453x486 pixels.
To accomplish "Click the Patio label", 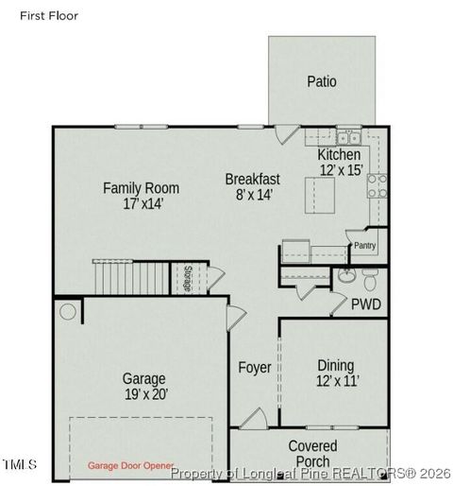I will pos(321,81).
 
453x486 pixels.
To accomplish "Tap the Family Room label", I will pos(141,188).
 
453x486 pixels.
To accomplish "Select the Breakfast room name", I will pos(252,179).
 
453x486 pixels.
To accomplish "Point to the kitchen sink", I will pos(348,137).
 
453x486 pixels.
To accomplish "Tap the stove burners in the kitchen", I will pos(377,183).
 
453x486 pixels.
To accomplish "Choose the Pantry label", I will pos(364,246).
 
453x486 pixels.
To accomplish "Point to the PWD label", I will pos(366,304).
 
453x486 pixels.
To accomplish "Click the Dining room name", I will pos(335,366).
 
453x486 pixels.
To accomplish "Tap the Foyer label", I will pos(254,367).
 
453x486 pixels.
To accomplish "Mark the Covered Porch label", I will pos(312,453).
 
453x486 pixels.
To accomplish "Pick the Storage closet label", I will pos(189,279).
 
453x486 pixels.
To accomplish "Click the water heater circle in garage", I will pos(68,311).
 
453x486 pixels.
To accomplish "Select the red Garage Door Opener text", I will pos(131,466).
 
